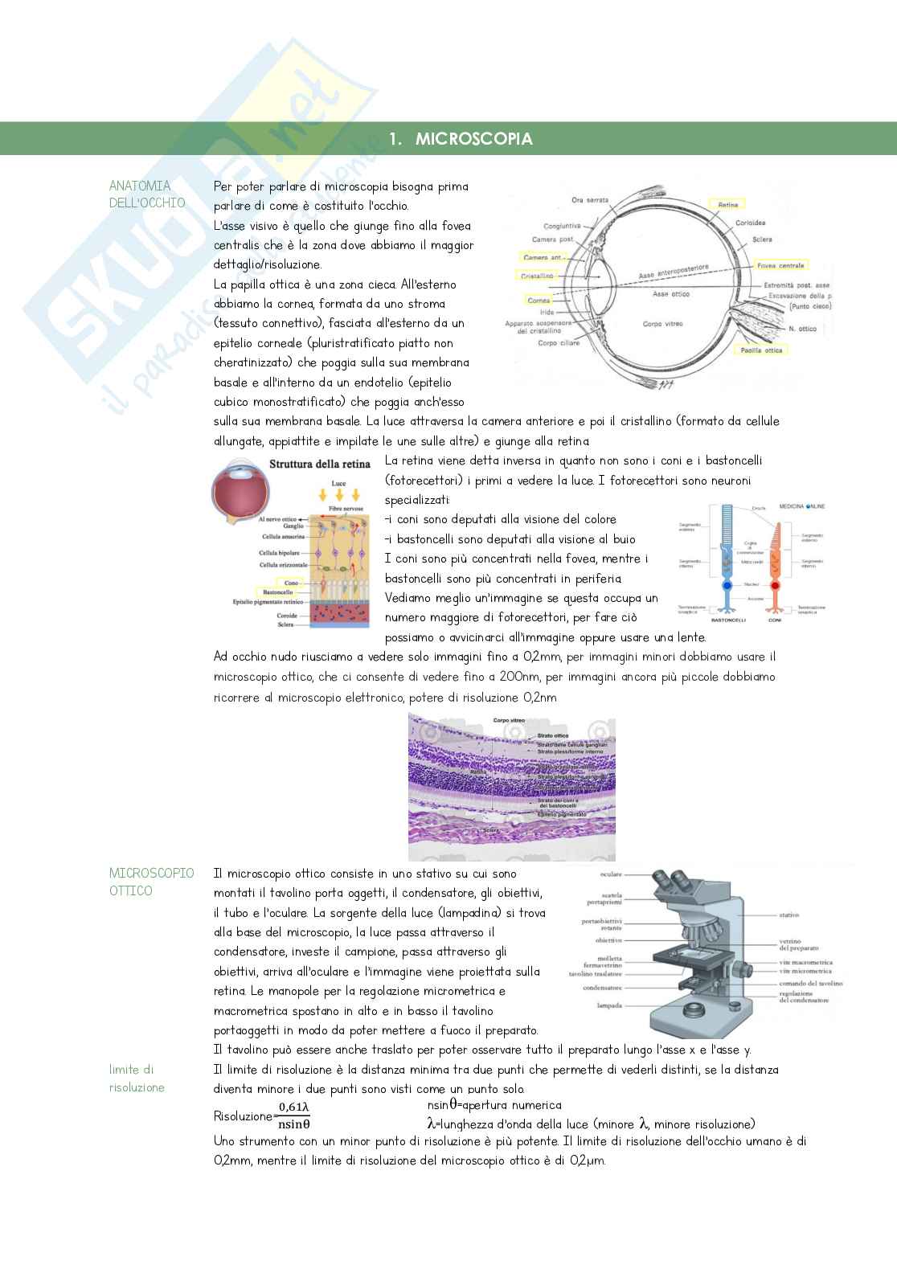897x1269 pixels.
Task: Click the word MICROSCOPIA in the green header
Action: pyautogui.click(x=473, y=139)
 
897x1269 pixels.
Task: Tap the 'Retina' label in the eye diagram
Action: pyautogui.click(x=727, y=205)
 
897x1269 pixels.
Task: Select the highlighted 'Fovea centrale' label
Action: pyautogui.click(x=780, y=265)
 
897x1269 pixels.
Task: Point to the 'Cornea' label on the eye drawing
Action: pyautogui.click(x=539, y=301)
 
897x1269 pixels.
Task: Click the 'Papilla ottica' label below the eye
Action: pyautogui.click(x=762, y=350)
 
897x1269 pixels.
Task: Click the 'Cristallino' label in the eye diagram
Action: pyautogui.click(x=538, y=276)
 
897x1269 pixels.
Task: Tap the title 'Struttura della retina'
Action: pyautogui.click(x=319, y=464)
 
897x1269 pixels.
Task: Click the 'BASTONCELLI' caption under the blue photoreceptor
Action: pyautogui.click(x=729, y=620)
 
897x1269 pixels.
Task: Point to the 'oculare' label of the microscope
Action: pyautogui.click(x=611, y=874)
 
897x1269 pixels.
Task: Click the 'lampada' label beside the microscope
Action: pyautogui.click(x=609, y=1005)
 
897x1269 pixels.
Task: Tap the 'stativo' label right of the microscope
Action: pyautogui.click(x=788, y=915)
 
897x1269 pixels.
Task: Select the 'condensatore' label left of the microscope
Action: pyautogui.click(x=604, y=988)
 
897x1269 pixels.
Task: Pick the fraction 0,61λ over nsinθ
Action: pyautogui.click(x=293, y=1116)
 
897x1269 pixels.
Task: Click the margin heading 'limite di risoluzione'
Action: pyautogui.click(x=137, y=1079)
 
